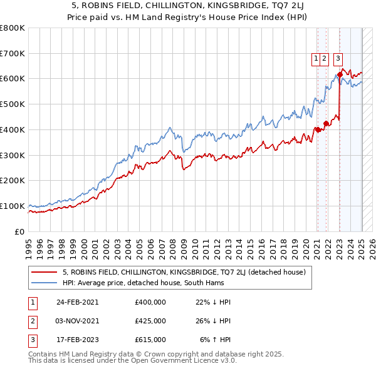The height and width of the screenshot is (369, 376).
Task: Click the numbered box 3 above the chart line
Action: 338,59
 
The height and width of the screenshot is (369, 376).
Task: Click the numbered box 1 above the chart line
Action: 317,59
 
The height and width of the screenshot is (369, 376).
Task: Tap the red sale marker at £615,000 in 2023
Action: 340,74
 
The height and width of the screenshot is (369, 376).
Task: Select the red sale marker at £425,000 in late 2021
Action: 326,123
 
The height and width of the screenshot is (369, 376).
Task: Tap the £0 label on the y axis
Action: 20,231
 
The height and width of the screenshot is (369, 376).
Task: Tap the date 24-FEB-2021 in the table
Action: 77,302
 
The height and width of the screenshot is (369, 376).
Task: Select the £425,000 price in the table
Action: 150,321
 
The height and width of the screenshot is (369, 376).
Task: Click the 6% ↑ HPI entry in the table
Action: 216,340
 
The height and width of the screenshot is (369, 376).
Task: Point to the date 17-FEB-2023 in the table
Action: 77,340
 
